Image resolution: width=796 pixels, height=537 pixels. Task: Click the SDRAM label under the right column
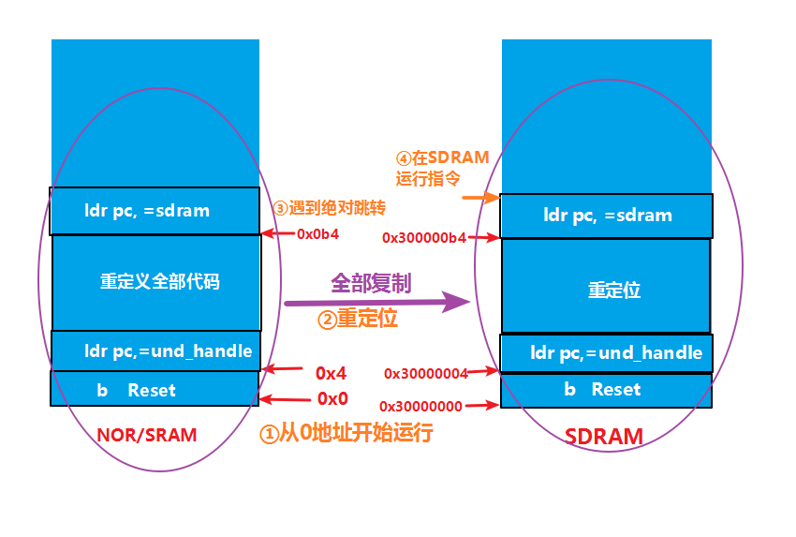click(604, 436)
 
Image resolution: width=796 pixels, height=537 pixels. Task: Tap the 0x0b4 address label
click(317, 234)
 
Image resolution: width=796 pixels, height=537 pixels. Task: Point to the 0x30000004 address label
click(425, 373)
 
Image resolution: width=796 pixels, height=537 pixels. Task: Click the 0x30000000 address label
click(420, 406)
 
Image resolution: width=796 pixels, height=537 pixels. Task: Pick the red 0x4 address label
click(332, 371)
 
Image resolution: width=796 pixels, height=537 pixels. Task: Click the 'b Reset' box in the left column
click(154, 389)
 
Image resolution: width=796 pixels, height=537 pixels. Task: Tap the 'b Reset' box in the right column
click(606, 389)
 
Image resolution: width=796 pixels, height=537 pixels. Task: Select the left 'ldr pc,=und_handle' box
click(155, 351)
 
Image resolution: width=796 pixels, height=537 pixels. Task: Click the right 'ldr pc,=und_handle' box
click(606, 352)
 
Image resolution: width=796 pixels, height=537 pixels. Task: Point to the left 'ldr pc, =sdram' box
click(155, 211)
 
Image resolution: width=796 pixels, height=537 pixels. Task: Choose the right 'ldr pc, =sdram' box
click(607, 216)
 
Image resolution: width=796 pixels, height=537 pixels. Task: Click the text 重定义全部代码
click(159, 281)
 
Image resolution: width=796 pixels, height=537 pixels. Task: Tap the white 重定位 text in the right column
click(613, 290)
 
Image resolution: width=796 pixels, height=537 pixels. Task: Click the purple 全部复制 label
click(371, 282)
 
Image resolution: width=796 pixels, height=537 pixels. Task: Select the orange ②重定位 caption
click(358, 319)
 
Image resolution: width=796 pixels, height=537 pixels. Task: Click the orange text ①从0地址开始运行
click(346, 434)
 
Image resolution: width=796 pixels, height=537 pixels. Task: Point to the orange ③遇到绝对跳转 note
click(329, 207)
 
